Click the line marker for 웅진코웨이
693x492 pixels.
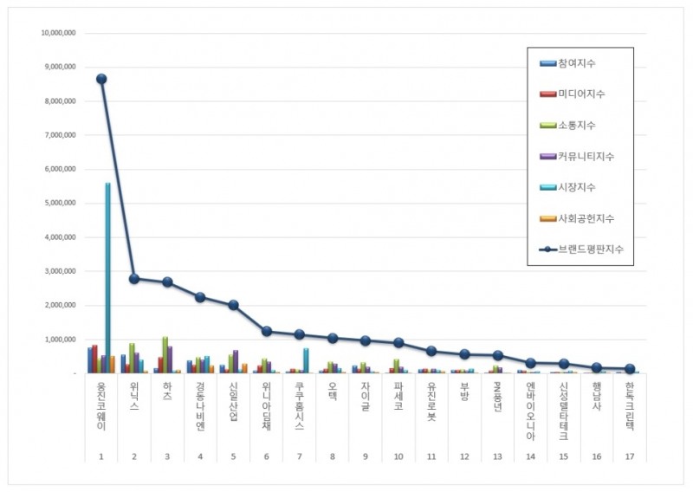pyautogui.click(x=101, y=79)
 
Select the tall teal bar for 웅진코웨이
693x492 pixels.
pyautogui.click(x=107, y=277)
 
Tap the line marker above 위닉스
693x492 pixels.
pyautogui.click(x=134, y=279)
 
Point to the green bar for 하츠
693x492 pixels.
pyautogui.click(x=165, y=355)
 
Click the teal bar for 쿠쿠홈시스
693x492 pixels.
pyautogui.click(x=306, y=360)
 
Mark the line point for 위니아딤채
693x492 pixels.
pyautogui.click(x=267, y=331)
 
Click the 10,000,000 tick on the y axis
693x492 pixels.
pyautogui.click(x=58, y=33)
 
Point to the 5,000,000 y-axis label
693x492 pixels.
pyautogui.click(x=60, y=203)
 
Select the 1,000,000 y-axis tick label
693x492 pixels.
pyautogui.click(x=60, y=340)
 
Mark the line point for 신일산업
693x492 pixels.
pyautogui.click(x=233, y=305)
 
